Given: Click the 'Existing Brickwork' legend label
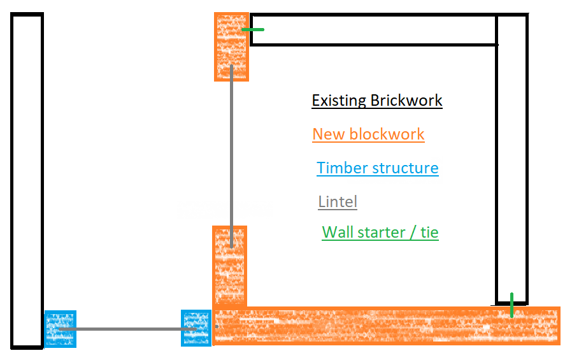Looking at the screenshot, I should [x=376, y=101].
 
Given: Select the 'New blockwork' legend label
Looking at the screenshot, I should [x=368, y=134].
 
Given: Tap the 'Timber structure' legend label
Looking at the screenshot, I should [x=377, y=168].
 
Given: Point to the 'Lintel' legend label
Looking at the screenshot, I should [x=338, y=202].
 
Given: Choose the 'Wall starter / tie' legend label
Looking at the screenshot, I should [x=380, y=232].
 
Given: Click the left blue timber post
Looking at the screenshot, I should [x=60, y=329].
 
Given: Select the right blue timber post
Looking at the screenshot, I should [x=196, y=328].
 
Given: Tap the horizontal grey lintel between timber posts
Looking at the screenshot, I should [x=127, y=329].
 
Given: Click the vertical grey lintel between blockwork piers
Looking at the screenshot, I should [x=231, y=153].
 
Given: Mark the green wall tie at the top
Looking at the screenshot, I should [x=253, y=29].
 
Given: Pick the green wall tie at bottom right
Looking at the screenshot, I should [x=511, y=305].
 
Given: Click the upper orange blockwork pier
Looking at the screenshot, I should [x=231, y=47].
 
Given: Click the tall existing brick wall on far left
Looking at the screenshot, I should [x=27, y=181].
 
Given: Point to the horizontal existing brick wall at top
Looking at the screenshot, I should [x=373, y=30].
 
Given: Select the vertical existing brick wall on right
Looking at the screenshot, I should [x=512, y=159].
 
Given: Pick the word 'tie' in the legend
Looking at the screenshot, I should [x=429, y=232].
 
